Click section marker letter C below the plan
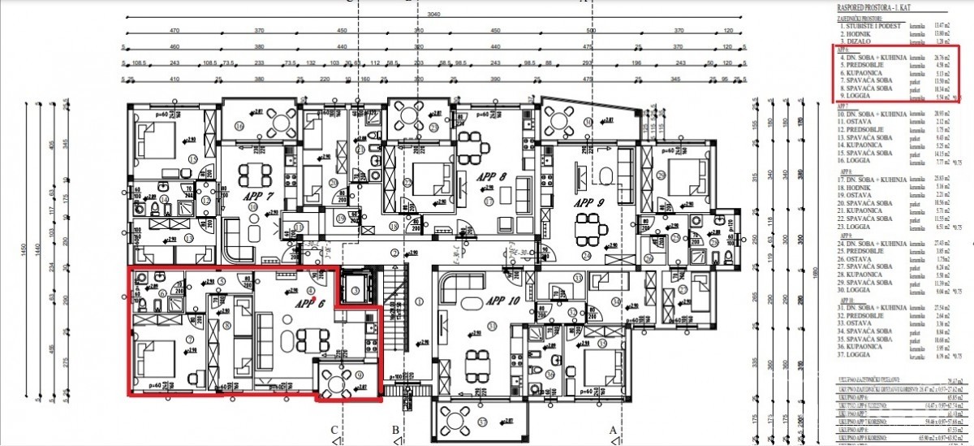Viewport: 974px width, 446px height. coord(334,430)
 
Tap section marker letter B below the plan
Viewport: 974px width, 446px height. coord(395,430)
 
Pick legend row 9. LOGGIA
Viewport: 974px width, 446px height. coord(859,97)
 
